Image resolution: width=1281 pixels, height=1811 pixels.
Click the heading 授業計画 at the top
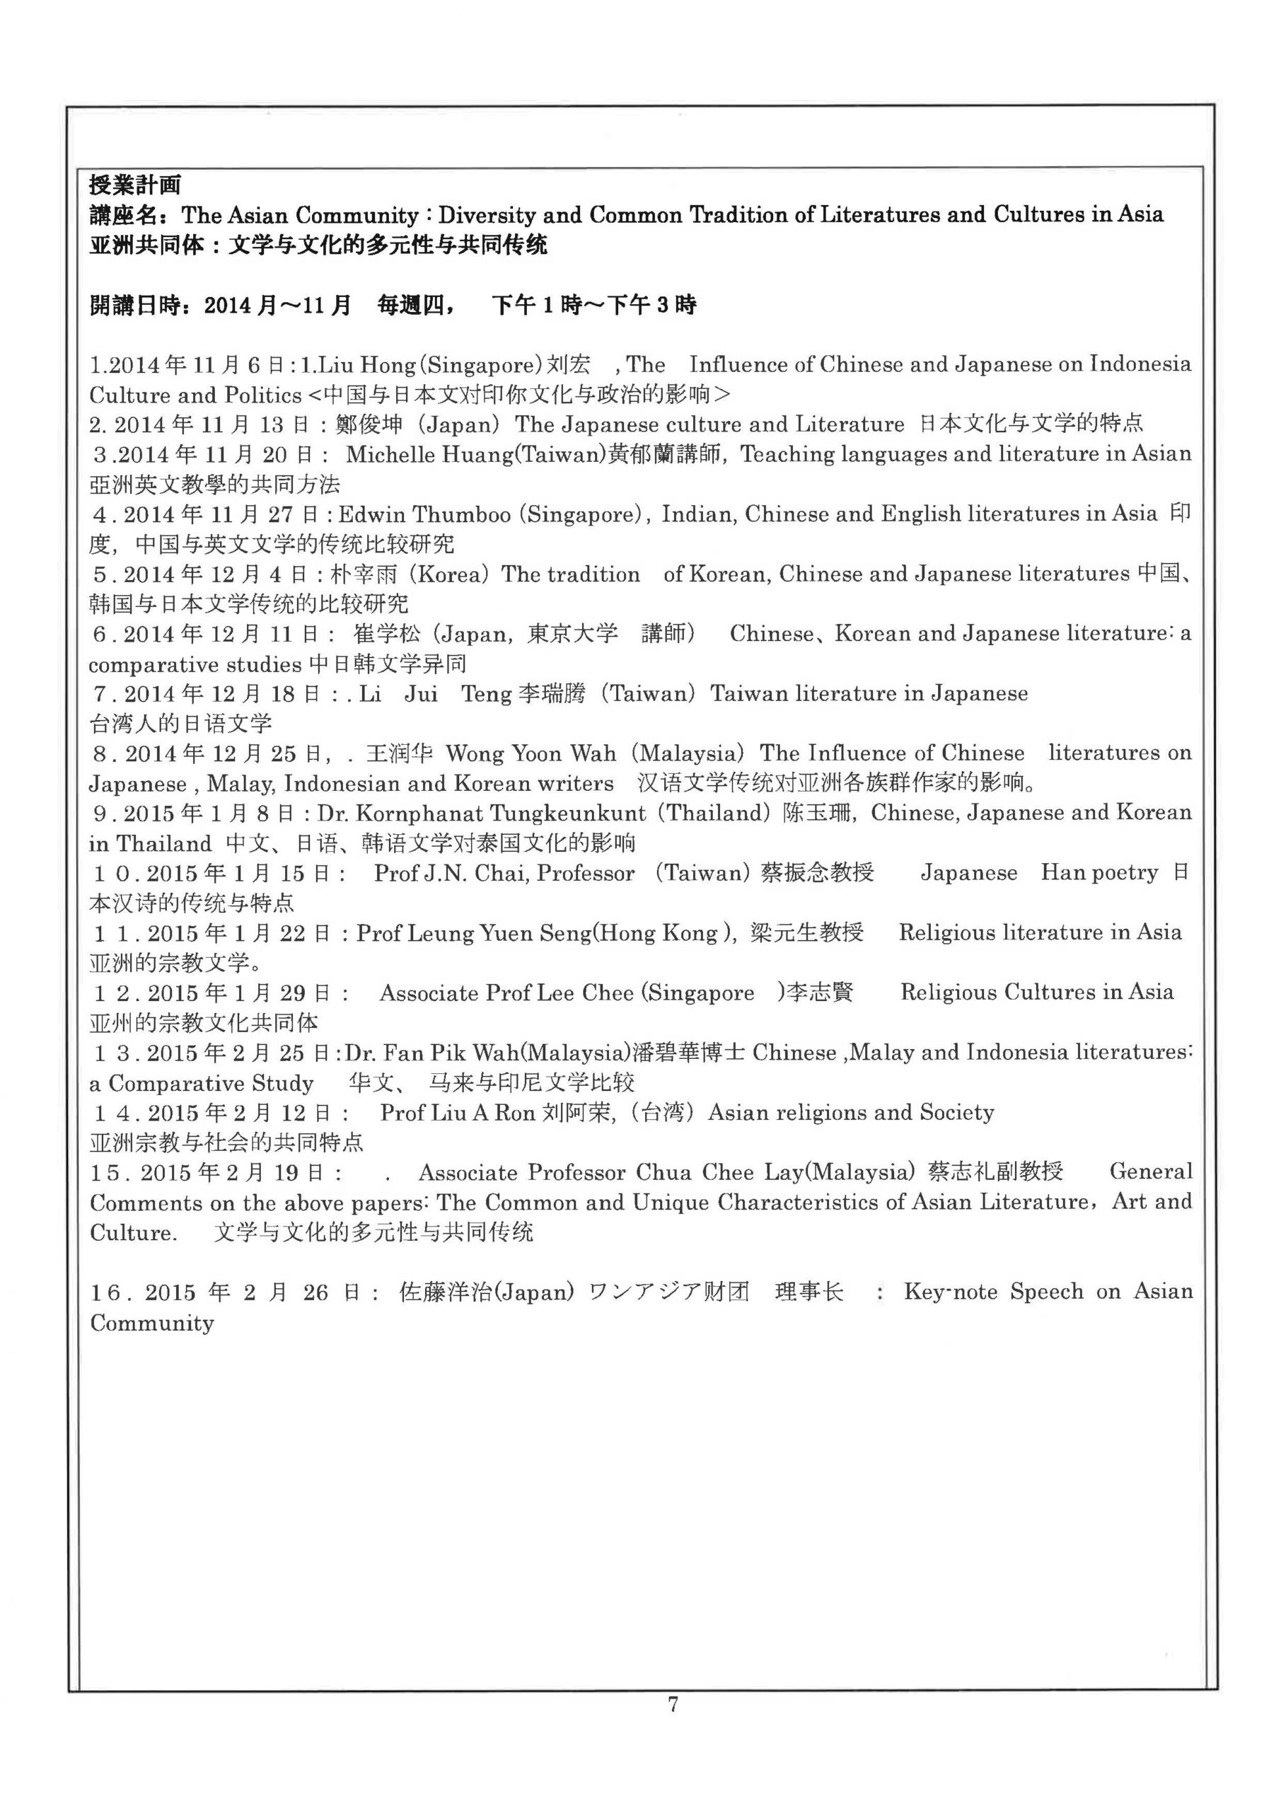[x=135, y=185]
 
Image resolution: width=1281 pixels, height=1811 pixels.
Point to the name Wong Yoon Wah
[x=531, y=754]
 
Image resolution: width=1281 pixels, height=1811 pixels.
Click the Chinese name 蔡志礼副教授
[x=995, y=1173]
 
